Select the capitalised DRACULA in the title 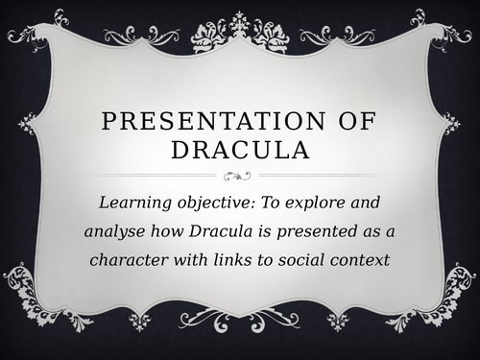(239, 153)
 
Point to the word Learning (133, 203)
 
